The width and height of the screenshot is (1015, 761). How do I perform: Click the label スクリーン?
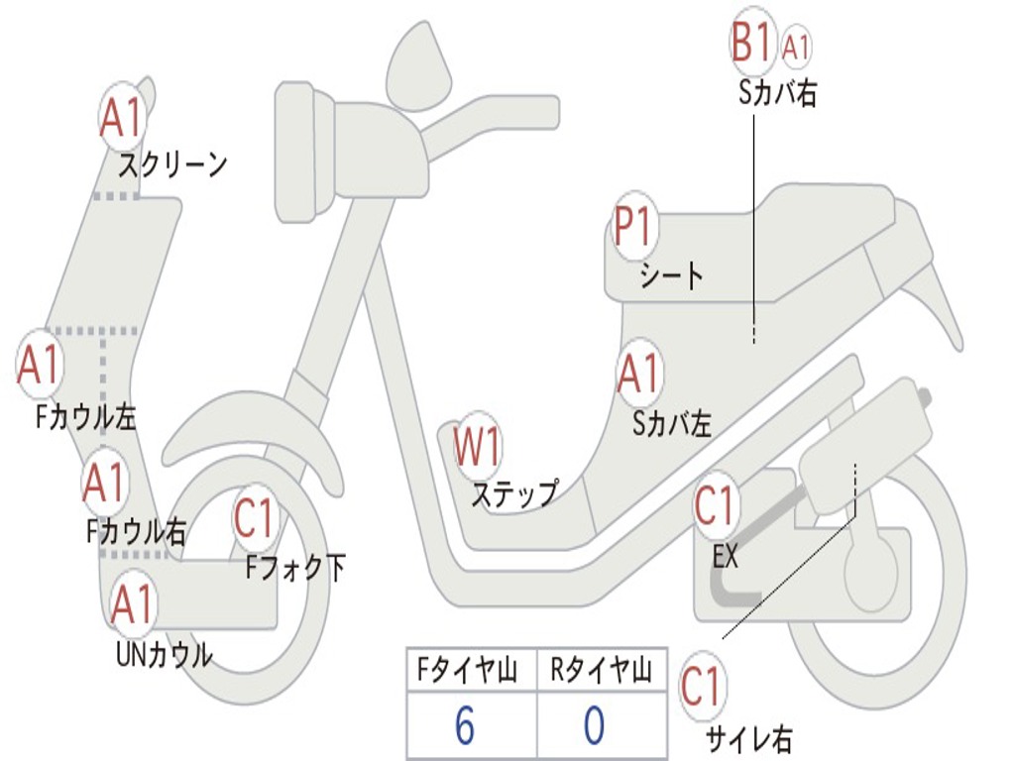tap(172, 163)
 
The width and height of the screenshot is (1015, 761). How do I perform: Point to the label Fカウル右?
tap(136, 532)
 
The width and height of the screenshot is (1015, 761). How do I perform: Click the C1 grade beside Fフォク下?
tap(256, 516)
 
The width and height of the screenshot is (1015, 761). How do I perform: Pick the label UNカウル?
tap(164, 654)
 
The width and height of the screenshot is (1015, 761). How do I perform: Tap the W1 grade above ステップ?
tap(477, 447)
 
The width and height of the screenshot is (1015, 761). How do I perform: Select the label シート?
tap(671, 274)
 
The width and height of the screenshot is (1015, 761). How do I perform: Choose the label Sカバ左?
tap(672, 424)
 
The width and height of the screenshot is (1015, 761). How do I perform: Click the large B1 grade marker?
tap(750, 44)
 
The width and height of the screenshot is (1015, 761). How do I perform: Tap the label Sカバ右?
tap(777, 94)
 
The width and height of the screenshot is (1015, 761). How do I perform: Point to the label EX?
tap(726, 557)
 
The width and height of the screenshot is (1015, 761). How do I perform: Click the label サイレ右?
tap(748, 737)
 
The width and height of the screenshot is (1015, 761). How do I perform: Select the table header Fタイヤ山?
tap(467, 672)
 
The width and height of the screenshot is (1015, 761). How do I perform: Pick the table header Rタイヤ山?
tap(601, 672)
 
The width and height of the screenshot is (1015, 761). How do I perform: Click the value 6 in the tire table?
tap(464, 726)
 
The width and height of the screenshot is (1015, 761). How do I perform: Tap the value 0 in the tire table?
tap(594, 726)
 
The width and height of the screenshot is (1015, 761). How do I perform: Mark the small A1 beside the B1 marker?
tap(797, 46)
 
